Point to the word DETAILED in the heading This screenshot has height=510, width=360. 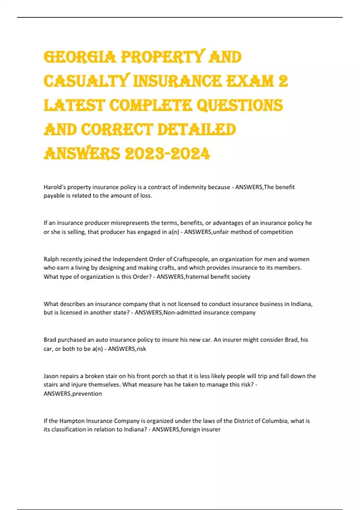click(196, 130)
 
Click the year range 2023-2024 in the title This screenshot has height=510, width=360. click(167, 154)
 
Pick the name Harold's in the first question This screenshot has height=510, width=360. click(55, 187)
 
